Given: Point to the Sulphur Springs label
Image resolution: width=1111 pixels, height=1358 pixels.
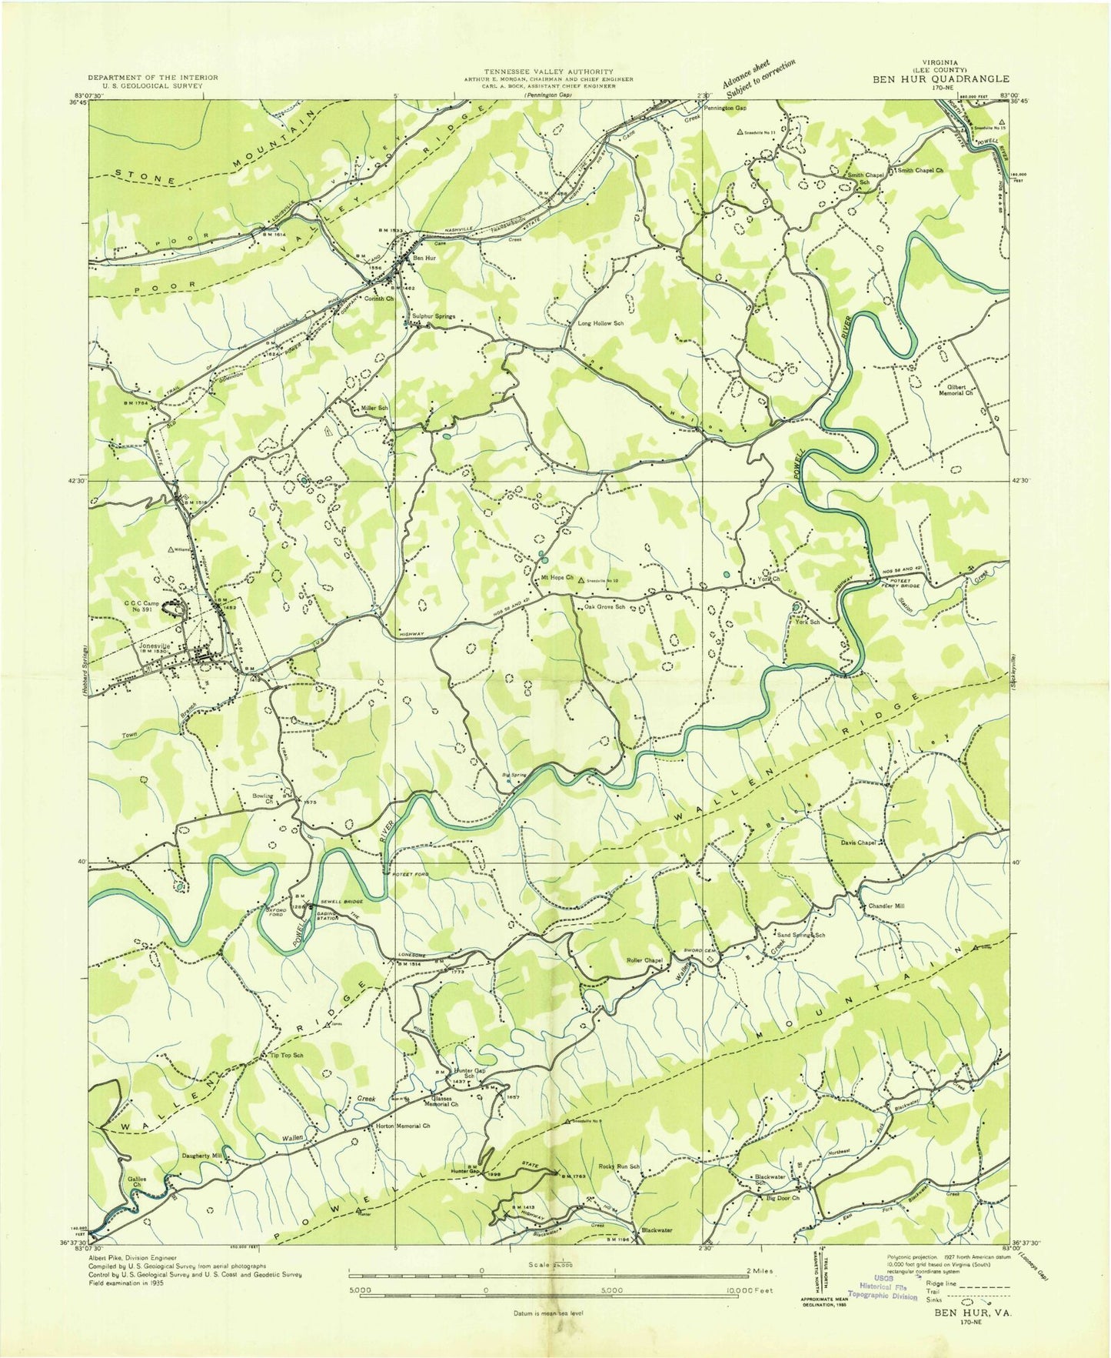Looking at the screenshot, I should tap(434, 316).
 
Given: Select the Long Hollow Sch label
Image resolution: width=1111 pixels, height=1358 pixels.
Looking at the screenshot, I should tap(600, 324).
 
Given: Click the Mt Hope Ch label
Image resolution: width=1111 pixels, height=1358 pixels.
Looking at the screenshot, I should tap(557, 578).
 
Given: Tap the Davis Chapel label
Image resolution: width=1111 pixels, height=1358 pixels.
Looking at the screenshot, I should tap(858, 842).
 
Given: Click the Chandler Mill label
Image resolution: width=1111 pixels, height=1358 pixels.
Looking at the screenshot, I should tap(886, 906).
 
